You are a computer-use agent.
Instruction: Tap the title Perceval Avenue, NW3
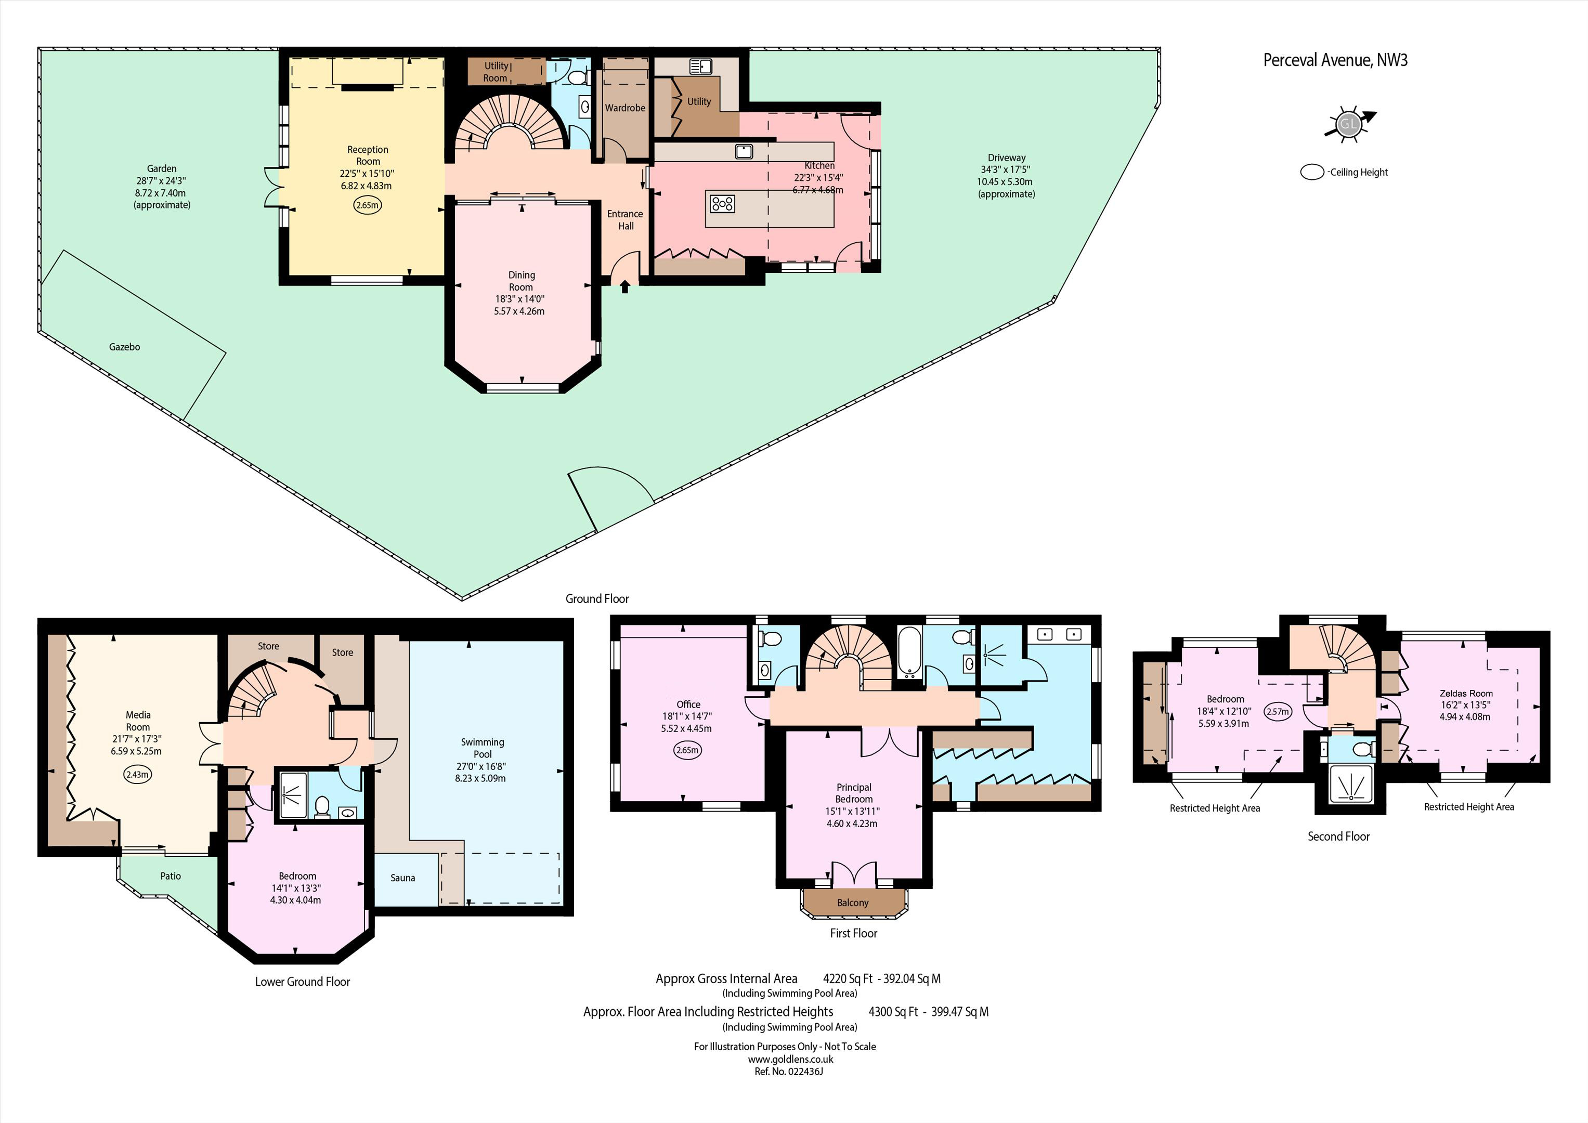1335,60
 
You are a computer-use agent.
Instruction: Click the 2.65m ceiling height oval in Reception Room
367,205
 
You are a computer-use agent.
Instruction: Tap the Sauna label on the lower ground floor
402,878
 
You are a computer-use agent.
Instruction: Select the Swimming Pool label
483,748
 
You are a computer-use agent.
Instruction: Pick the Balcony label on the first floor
853,903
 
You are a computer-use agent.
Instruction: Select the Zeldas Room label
1466,694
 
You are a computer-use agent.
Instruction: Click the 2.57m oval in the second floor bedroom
1278,711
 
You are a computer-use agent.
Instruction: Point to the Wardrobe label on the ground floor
625,108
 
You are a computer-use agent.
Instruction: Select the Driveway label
1006,158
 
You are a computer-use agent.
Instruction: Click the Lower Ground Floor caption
302,982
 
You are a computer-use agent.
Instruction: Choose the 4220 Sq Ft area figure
848,979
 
